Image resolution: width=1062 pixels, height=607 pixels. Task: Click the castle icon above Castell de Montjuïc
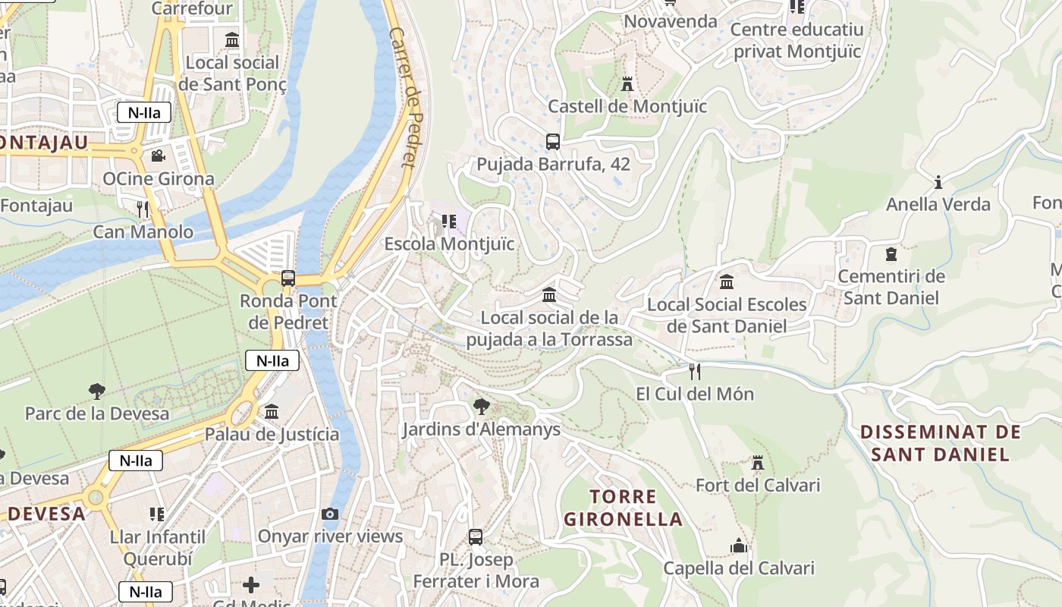[x=627, y=83]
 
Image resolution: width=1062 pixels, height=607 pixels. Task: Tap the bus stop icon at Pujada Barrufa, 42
[x=553, y=141]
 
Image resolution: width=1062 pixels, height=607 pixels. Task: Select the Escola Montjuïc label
[x=449, y=244]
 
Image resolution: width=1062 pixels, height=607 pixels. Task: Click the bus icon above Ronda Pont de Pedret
[x=288, y=278]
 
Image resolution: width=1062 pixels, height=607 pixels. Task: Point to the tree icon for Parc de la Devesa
[x=96, y=392]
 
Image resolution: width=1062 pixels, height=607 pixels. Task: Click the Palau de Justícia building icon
[x=272, y=411]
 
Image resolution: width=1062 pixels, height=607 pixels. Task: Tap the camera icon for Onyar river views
[x=330, y=514]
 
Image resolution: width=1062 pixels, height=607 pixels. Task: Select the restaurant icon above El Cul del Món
[x=694, y=371]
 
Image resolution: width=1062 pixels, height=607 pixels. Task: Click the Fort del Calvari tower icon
[x=757, y=463]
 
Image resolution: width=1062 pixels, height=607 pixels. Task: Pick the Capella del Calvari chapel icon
[x=739, y=546]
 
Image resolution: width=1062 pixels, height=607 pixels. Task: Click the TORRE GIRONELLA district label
[x=623, y=508]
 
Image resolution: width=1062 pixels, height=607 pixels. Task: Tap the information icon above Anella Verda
[x=938, y=182]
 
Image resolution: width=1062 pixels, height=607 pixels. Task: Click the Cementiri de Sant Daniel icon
[x=891, y=254]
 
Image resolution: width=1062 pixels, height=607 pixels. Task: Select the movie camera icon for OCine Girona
[x=158, y=156]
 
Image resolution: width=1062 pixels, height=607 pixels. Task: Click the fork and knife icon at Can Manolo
[x=143, y=209]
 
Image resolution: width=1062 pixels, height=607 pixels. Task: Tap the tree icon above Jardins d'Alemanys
[x=481, y=406]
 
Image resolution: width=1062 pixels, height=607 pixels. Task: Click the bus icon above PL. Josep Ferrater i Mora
[x=476, y=537]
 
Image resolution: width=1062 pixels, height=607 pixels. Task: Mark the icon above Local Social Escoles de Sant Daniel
[x=727, y=282]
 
